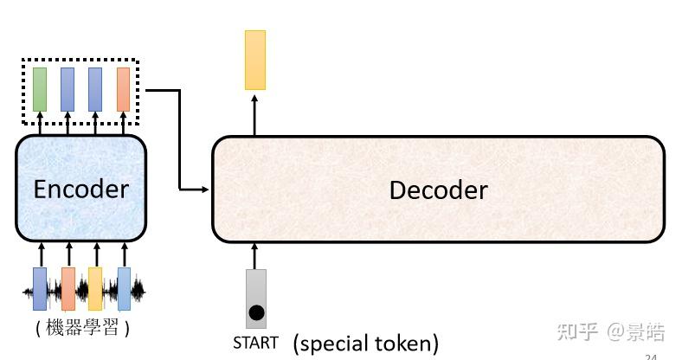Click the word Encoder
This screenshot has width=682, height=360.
coord(80,189)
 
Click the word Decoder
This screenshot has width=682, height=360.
coord(438,190)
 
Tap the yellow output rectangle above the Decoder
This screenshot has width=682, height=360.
coord(255,60)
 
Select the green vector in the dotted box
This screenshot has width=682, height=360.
coord(40,89)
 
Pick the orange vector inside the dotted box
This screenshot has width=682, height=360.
coord(123,89)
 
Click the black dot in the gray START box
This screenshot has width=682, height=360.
coord(256,312)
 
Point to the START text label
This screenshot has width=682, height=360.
coord(256,343)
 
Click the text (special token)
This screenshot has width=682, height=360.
coord(365,344)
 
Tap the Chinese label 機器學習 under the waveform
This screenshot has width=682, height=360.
coord(83,329)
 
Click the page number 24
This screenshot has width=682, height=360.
coord(651,355)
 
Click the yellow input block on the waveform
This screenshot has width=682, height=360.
coord(95,289)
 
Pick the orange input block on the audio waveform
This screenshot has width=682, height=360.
coord(68,289)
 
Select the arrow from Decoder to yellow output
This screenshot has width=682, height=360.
coord(254,112)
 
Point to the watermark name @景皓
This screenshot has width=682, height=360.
coord(635,331)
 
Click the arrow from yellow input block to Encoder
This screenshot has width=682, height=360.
coord(96,254)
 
